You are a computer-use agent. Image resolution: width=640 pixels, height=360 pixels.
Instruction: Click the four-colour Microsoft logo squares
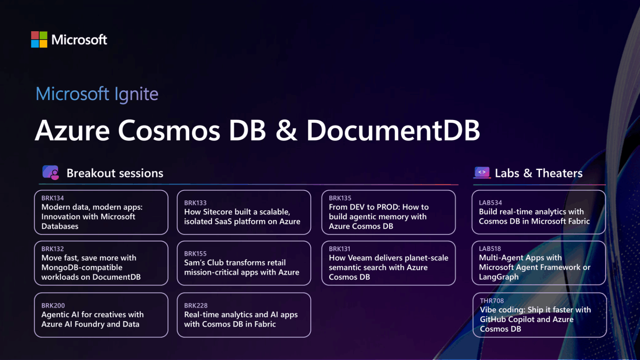(x=39, y=40)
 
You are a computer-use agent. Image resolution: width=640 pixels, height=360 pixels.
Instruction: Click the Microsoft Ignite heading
(x=97, y=94)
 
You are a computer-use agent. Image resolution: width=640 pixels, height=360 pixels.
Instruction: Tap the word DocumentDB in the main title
(x=393, y=130)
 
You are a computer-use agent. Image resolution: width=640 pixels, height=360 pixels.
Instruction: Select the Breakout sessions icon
(x=51, y=172)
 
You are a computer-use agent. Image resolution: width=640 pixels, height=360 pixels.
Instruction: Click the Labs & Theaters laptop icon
(x=482, y=172)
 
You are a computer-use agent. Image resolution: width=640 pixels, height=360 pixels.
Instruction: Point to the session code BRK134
(x=52, y=198)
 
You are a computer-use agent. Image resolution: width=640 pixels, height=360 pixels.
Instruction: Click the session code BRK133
(x=195, y=203)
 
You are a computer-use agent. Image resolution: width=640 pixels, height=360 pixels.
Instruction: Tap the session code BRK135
(x=340, y=198)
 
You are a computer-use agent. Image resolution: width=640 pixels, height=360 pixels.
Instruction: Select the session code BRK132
(x=52, y=249)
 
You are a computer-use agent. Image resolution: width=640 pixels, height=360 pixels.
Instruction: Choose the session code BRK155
(x=195, y=253)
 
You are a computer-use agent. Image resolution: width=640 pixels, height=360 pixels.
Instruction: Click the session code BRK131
(x=340, y=249)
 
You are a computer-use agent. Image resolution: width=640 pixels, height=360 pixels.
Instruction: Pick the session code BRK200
(x=53, y=305)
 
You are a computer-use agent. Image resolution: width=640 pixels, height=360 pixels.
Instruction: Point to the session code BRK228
(x=196, y=305)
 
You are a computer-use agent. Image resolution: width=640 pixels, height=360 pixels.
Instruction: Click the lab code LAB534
(x=490, y=202)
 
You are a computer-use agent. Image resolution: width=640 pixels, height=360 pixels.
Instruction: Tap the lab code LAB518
(x=490, y=248)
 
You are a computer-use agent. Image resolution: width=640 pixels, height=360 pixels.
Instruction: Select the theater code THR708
(x=492, y=300)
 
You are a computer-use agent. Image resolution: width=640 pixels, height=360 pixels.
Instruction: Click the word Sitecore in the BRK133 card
(x=219, y=212)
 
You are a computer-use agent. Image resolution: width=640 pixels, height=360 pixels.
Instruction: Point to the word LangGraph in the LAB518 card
(x=499, y=277)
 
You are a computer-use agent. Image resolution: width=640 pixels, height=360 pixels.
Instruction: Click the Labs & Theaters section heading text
(x=538, y=173)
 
